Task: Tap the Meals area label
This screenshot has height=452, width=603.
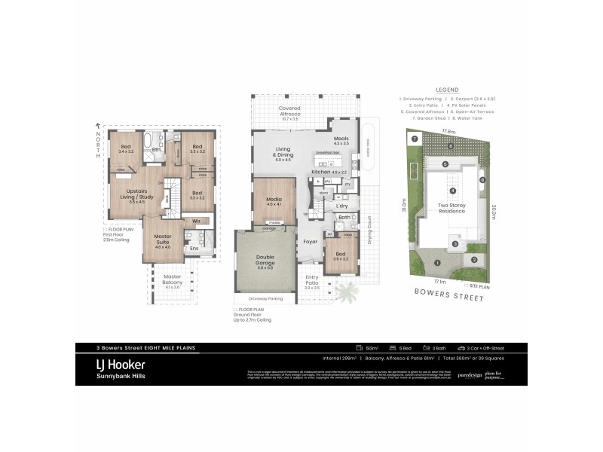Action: [341, 140]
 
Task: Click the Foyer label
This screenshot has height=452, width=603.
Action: [310, 242]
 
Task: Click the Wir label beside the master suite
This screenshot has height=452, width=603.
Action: [196, 221]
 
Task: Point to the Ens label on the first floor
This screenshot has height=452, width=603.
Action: [194, 247]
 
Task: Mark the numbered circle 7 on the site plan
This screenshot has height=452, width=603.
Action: [414, 139]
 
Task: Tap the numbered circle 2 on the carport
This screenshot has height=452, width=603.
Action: [474, 260]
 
